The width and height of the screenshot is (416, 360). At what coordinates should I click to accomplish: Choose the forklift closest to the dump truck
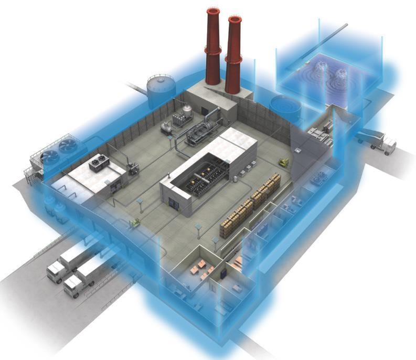[x=285, y=163]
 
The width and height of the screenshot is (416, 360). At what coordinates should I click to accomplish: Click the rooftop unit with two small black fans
[x=96, y=164]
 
